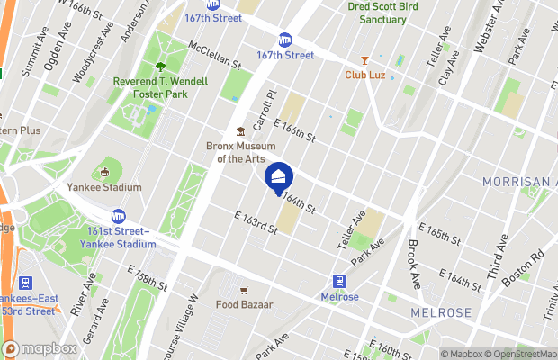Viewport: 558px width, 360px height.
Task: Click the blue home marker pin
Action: click(278, 175)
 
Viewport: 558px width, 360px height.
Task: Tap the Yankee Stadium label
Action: click(104, 187)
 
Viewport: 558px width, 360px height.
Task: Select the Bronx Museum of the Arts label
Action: click(240, 153)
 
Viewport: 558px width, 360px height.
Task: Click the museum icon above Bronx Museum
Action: click(240, 131)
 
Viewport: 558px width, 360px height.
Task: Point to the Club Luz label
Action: click(364, 75)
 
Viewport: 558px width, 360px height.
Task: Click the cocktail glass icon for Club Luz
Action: click(364, 58)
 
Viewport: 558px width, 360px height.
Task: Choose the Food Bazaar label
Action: click(244, 304)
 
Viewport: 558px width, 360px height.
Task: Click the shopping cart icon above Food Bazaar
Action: click(244, 290)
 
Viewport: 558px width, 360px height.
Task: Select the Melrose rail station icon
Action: click(340, 281)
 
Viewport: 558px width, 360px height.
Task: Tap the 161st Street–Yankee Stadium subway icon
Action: click(119, 216)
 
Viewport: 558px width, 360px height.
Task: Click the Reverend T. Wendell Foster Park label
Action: click(160, 87)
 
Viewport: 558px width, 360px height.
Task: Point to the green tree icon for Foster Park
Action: click(160, 66)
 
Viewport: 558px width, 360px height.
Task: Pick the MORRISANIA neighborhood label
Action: click(519, 182)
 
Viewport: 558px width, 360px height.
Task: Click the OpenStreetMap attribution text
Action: click(524, 353)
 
